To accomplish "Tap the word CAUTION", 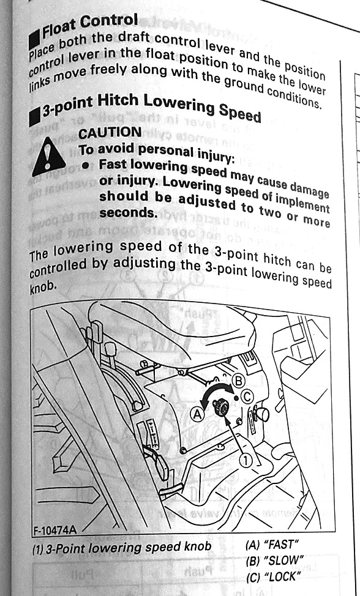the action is pos(110,133).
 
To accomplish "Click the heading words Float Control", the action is pos(90,26).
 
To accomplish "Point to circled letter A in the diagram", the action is pos(198,414).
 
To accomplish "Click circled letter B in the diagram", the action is pos(238,381).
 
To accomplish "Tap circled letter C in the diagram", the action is pos(247,397).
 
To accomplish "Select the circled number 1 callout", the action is pos(246,461).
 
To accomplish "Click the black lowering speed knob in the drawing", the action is pos(221,408).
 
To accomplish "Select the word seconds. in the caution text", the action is pos(128,213).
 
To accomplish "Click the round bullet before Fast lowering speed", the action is pos(87,165).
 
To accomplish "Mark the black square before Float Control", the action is pos(34,39).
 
